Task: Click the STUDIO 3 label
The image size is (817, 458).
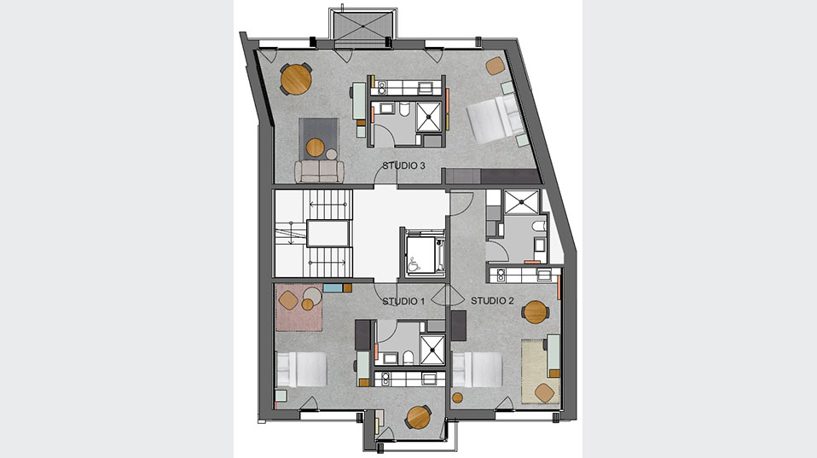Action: coord(404,165)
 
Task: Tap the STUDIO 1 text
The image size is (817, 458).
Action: coord(403,301)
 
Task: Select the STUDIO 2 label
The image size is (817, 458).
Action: coord(492,301)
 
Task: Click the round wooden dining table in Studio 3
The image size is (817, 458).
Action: coord(296,79)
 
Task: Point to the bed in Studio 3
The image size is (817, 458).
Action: coord(494,120)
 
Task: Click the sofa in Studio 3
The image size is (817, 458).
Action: coord(320,171)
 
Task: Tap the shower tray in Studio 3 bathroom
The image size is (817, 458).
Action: coord(429,117)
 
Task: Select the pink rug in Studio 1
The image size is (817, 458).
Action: coord(299,307)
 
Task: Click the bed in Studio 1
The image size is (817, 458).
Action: coord(301,369)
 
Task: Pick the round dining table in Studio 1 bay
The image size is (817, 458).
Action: coord(419,417)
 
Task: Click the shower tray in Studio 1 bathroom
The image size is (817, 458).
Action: coord(432,350)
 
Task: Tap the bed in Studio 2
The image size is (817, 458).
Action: coord(477,369)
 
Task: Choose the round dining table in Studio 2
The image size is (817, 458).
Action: coord(535,312)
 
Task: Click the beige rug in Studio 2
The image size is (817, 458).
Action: coord(541,371)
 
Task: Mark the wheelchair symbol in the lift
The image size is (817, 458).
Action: coord(414,264)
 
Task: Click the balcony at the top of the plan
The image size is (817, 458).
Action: coord(363,26)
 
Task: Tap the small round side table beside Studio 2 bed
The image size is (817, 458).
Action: coord(457,398)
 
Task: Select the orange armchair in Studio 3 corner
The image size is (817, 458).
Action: coord(495,66)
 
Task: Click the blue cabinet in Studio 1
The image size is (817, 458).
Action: coord(333,287)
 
